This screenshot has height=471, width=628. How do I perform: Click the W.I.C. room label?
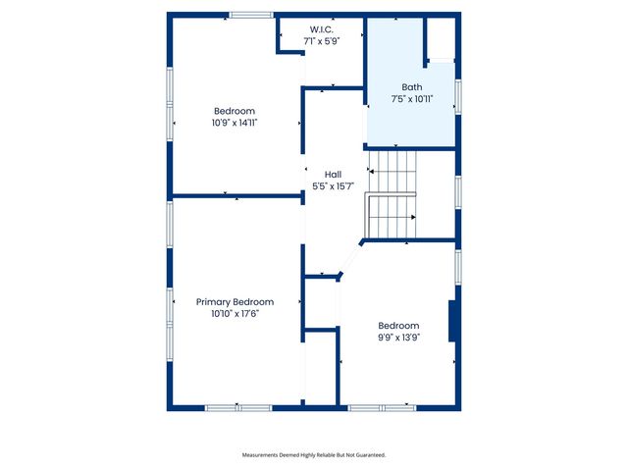pyautogui.click(x=322, y=29)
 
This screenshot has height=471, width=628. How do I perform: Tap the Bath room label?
pyautogui.click(x=412, y=87)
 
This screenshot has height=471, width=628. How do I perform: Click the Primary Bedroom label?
pyautogui.click(x=235, y=302)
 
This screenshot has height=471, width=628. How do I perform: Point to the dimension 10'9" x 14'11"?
pyautogui.click(x=235, y=123)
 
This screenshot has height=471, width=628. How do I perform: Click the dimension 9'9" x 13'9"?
pyautogui.click(x=398, y=338)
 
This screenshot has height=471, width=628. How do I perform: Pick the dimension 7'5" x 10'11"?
pyautogui.click(x=412, y=99)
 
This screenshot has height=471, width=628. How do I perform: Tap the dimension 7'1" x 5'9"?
pyautogui.click(x=322, y=41)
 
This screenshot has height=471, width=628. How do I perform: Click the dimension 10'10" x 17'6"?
pyautogui.click(x=235, y=314)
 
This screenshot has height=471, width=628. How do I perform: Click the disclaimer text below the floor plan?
pyautogui.click(x=314, y=455)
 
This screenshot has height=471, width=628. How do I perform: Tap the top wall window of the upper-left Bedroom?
pyautogui.click(x=251, y=15)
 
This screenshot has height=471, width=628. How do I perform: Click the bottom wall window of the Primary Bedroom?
pyautogui.click(x=237, y=407)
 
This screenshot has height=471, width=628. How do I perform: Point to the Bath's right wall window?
pyautogui.click(x=458, y=96)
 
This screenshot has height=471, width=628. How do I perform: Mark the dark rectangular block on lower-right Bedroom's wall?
pyautogui.click(x=453, y=322)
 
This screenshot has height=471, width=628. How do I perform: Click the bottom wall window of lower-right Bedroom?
pyautogui.click(x=382, y=407)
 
